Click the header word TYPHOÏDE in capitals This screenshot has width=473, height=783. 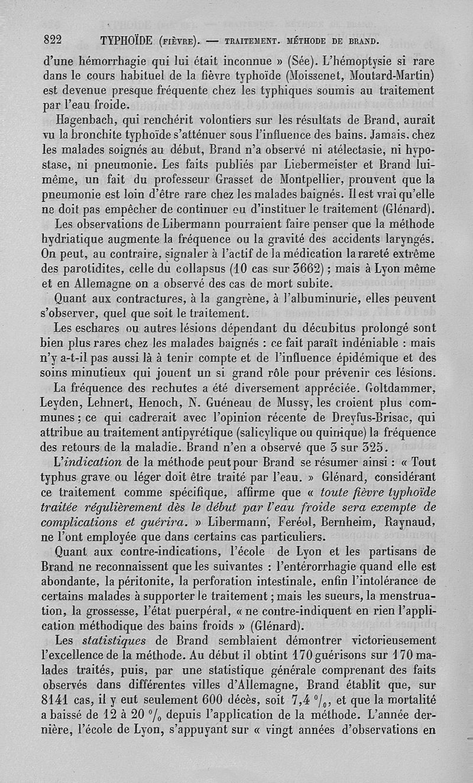pos(128,41)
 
